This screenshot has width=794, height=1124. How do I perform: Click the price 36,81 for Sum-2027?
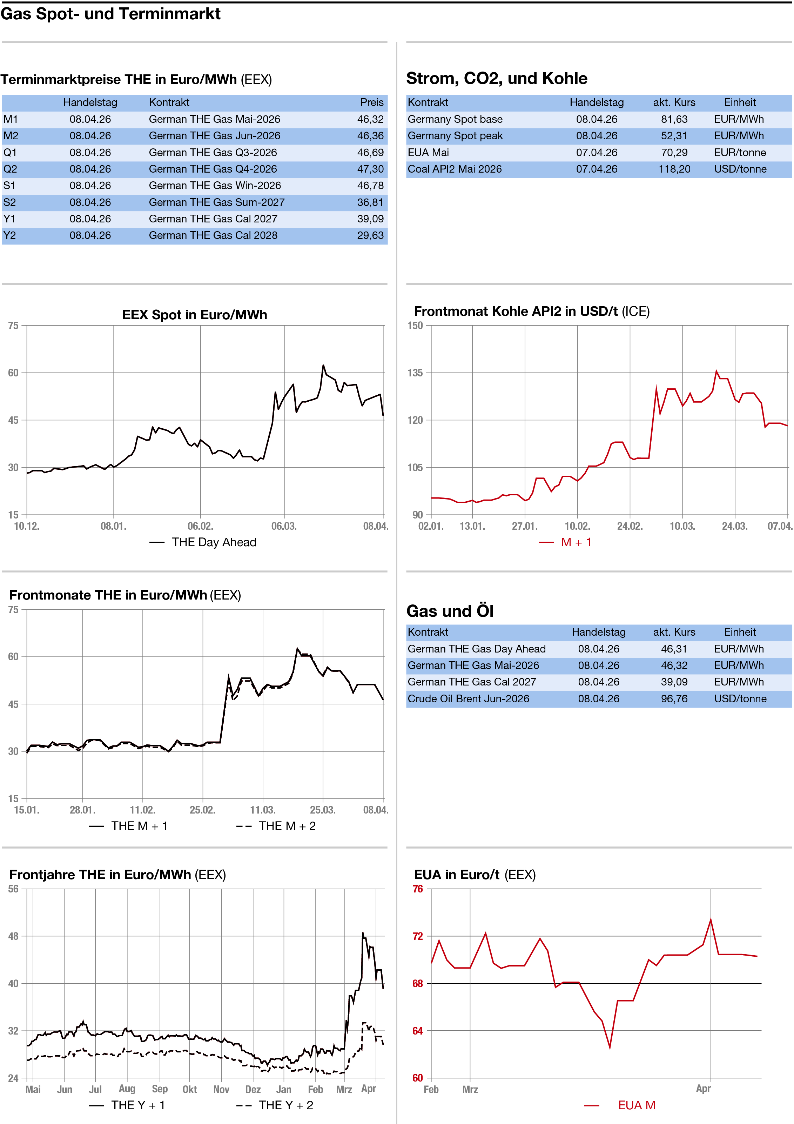(x=370, y=202)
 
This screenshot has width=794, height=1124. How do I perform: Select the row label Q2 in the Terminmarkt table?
(x=10, y=169)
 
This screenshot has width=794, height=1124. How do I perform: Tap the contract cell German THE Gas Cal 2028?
(x=213, y=235)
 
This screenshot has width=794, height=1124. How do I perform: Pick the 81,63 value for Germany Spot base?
(x=674, y=119)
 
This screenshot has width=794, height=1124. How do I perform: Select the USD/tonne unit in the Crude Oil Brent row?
(x=740, y=698)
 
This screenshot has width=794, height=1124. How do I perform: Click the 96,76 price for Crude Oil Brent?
(x=674, y=698)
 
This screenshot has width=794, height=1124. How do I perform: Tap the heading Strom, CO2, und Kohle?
(x=496, y=78)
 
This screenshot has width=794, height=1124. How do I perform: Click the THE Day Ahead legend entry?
(x=214, y=542)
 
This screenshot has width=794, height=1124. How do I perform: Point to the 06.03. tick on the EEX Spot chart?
(x=284, y=526)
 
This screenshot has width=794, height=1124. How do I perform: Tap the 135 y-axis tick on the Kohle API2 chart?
(x=415, y=373)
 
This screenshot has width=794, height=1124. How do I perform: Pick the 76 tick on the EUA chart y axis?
(x=418, y=889)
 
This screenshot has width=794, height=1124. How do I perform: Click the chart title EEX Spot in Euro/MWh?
(x=194, y=315)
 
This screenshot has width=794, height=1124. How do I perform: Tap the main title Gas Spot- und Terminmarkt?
(x=110, y=14)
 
